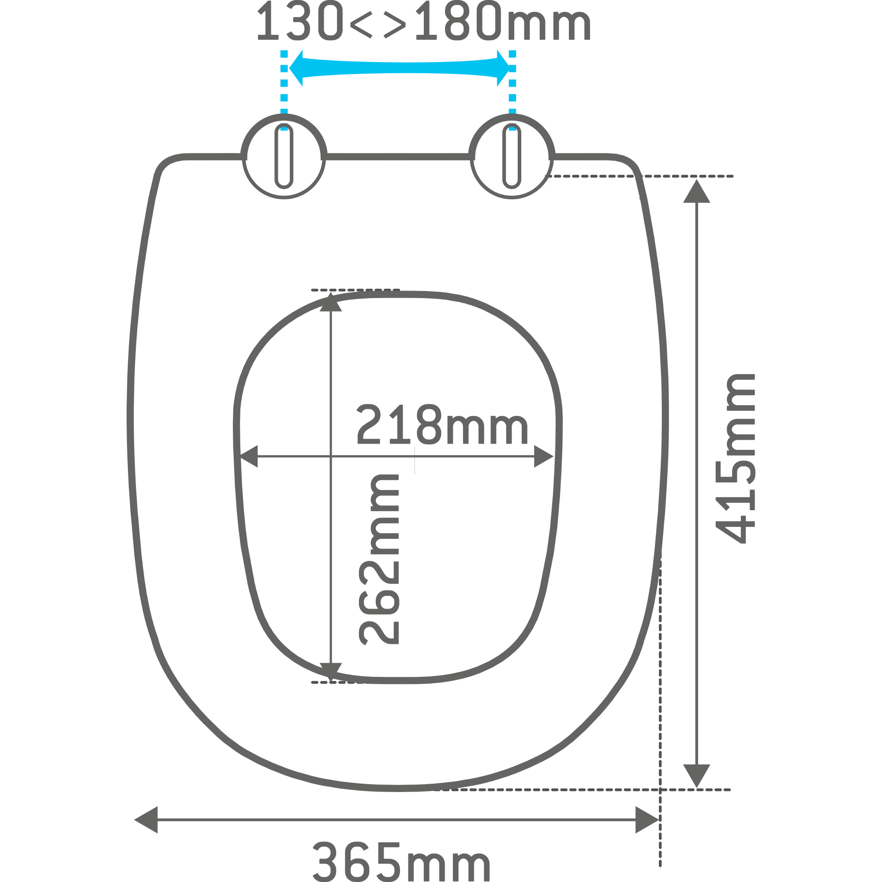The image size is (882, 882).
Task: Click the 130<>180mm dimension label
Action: point(424,20)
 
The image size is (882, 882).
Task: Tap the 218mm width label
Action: point(442,424)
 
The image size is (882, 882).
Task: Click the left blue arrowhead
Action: point(296,68)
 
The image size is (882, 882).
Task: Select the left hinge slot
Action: point(284,156)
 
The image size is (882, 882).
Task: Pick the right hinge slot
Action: point(512,156)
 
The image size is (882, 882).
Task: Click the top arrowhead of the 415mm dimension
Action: point(697,191)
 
